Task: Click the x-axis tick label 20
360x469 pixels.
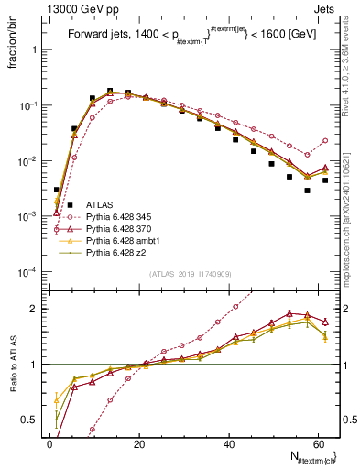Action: click(x=139, y=443)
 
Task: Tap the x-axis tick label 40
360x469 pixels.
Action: click(x=228, y=443)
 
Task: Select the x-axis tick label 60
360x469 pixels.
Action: click(x=317, y=443)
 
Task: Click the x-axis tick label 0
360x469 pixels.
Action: click(x=50, y=443)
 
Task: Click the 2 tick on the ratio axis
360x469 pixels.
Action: click(x=33, y=309)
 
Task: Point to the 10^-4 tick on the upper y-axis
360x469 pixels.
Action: click(x=27, y=272)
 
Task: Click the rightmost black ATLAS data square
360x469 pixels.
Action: click(x=325, y=180)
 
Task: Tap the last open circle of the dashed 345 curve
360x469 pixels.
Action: click(x=325, y=141)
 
